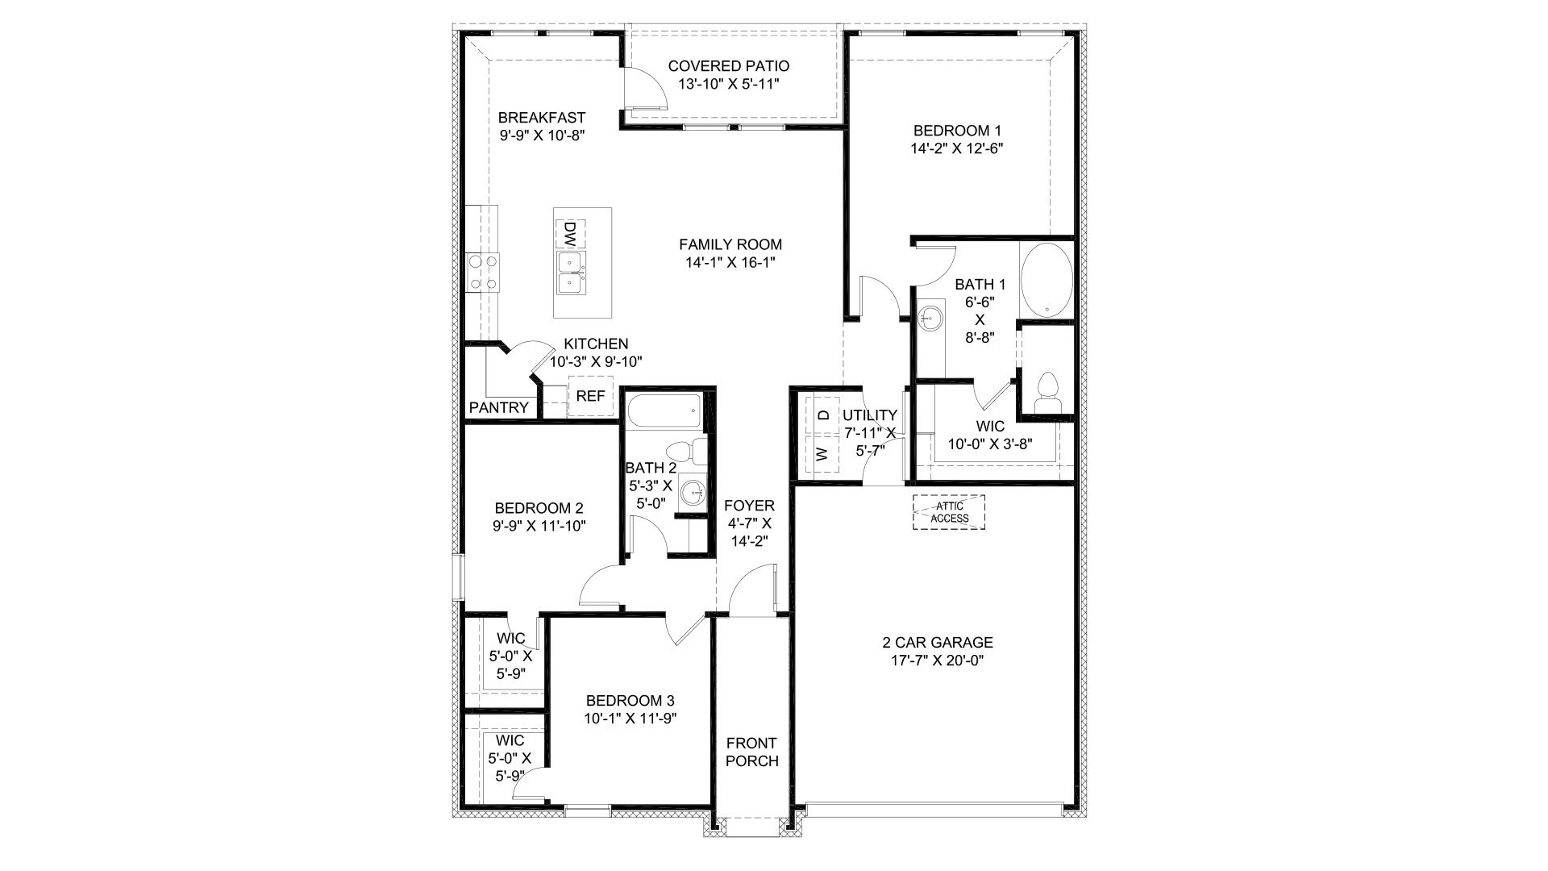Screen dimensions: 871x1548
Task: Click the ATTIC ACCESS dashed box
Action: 949,512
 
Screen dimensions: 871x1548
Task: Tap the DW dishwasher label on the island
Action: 569,234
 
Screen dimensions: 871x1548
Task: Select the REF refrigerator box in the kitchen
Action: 590,396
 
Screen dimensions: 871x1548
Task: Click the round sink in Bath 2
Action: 692,492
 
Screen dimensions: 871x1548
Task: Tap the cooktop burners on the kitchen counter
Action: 482,272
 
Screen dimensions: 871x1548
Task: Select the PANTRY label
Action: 498,408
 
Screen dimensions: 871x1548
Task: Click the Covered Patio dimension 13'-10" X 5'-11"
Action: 728,84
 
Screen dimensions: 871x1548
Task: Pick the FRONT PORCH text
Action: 751,752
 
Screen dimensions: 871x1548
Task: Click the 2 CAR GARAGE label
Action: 937,643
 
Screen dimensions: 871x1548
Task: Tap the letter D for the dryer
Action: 823,415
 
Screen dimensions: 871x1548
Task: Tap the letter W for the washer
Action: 823,454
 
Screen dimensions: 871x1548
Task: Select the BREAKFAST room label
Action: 541,118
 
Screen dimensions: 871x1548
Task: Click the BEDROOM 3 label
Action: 630,700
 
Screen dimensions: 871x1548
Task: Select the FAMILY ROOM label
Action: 730,244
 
